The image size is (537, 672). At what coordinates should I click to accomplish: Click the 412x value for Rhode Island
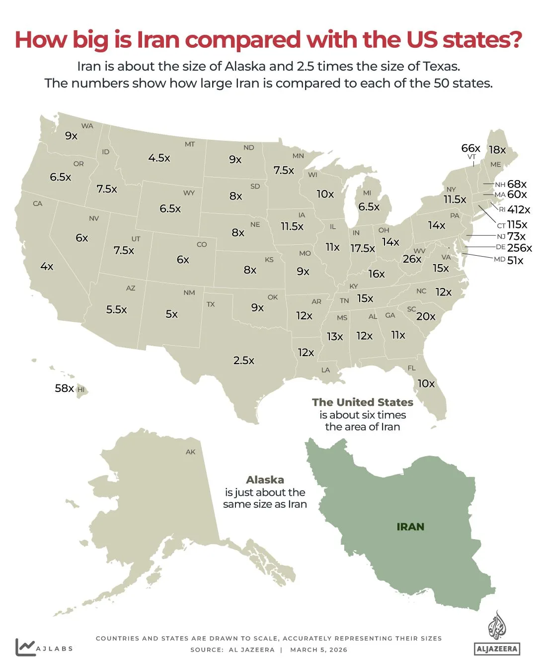519,210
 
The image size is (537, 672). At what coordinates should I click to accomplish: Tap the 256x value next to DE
519,248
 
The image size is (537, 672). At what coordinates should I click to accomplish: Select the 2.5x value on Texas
244,361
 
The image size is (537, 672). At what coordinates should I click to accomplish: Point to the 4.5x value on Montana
159,158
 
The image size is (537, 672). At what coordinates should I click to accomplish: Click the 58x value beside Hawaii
64,388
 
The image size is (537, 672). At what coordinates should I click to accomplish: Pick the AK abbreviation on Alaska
191,452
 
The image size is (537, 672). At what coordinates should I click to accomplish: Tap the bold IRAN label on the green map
410,527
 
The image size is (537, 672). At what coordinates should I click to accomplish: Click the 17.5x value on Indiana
363,248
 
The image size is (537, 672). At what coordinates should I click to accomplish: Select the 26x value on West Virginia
412,259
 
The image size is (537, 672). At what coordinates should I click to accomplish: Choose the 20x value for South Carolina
426,317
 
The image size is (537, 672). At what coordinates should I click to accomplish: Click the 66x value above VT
470,148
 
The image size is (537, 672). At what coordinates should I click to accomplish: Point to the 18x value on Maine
497,150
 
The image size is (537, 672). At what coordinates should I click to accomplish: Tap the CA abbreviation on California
38,203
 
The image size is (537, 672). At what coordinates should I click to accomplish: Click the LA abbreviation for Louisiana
325,370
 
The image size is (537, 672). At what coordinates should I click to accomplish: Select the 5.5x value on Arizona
117,310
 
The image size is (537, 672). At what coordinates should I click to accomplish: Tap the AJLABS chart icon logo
25,647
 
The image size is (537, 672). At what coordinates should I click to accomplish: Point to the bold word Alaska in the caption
265,480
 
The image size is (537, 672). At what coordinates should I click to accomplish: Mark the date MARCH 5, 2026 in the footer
318,650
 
